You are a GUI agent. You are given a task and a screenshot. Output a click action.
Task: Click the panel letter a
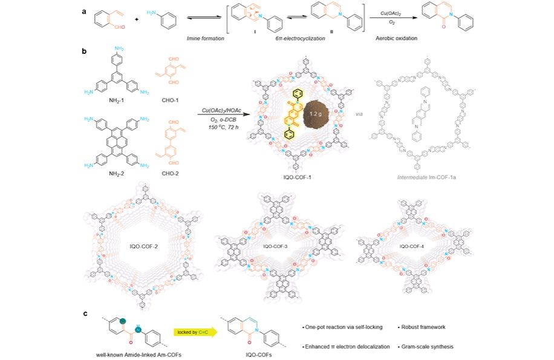tap(85, 11)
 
